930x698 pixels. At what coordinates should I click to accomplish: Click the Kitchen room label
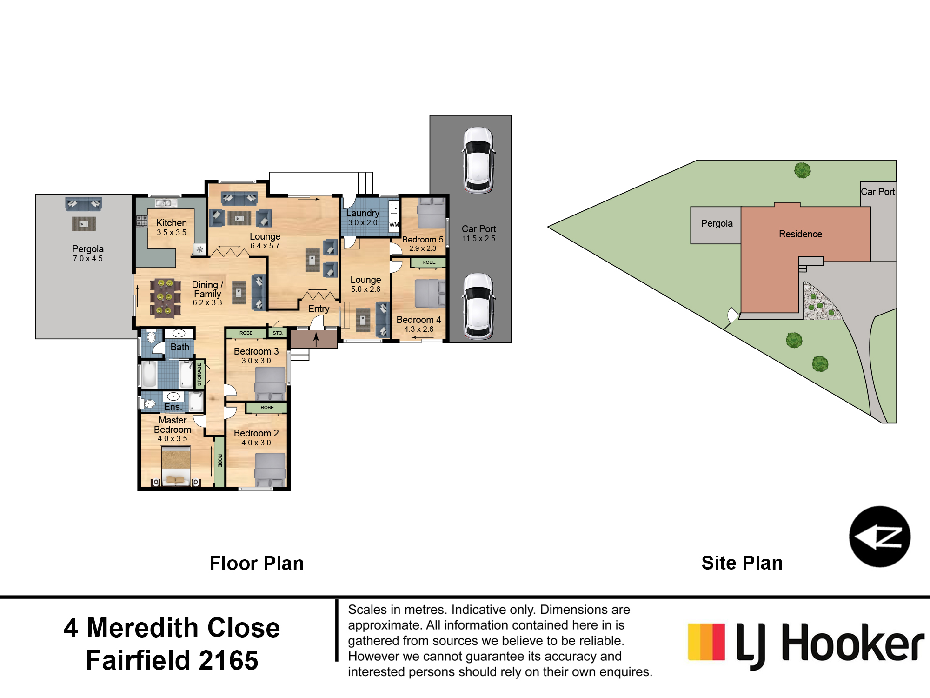(172, 223)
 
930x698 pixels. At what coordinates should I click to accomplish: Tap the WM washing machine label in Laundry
(394, 224)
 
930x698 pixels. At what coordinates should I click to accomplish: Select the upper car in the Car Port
(478, 160)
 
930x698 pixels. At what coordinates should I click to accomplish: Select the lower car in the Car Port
(478, 306)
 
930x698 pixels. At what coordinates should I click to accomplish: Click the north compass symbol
(880, 537)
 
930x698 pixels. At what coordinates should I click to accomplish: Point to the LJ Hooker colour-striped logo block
(706, 642)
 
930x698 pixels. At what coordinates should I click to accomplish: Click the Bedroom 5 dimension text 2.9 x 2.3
(423, 248)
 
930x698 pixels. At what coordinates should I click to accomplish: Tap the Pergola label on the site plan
(717, 223)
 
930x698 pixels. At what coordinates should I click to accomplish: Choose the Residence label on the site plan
(800, 234)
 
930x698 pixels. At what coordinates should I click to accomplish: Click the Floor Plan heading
(257, 563)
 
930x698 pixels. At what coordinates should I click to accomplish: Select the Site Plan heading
(742, 563)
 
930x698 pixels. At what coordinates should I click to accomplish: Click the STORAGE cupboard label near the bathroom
(199, 375)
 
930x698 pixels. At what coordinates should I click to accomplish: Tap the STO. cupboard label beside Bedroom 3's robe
(278, 333)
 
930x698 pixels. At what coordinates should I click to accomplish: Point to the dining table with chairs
(166, 297)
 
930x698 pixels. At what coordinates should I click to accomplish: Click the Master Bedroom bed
(175, 465)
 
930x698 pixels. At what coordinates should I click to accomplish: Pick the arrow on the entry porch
(316, 339)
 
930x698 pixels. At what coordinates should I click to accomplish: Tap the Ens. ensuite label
(173, 407)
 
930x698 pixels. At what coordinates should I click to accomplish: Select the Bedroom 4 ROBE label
(429, 262)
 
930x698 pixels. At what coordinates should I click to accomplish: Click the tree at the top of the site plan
(803, 170)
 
